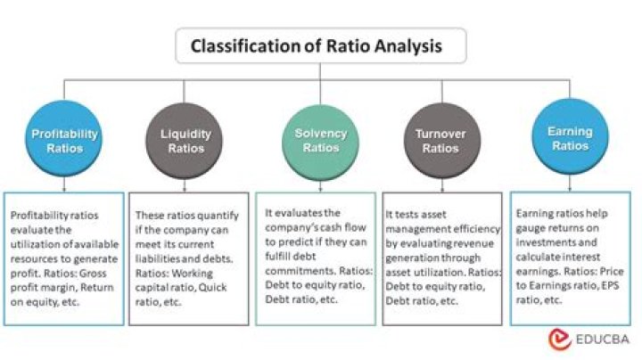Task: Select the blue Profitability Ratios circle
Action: point(64,140)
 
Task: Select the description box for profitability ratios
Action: point(63,258)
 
